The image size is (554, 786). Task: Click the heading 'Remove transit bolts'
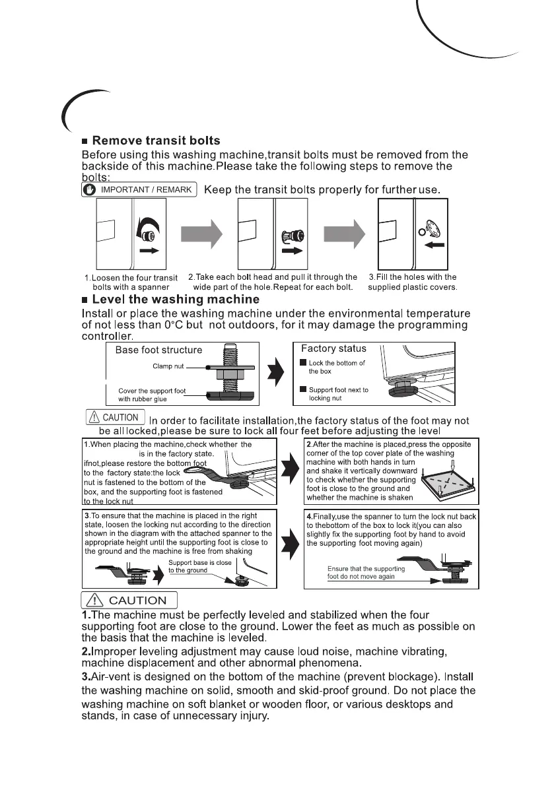pos(156,141)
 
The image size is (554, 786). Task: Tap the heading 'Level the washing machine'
pos(176,300)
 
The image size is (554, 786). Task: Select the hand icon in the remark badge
pos(91,189)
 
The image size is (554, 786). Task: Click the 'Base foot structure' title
pos(158,350)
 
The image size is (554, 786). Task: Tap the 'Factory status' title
pos(333,348)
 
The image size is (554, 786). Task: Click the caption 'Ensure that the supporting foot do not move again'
pos(366,572)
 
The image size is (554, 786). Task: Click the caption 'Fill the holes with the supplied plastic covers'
pos(412,282)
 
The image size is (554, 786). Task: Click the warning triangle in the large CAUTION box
pos(94,600)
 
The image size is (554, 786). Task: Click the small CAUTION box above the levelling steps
pos(115,417)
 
